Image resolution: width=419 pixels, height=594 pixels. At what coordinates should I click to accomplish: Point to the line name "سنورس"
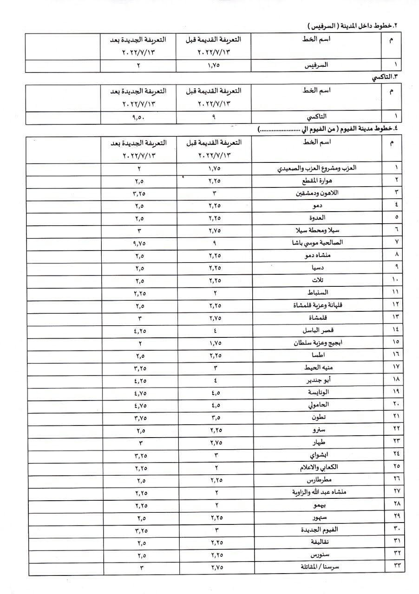(321, 555)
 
